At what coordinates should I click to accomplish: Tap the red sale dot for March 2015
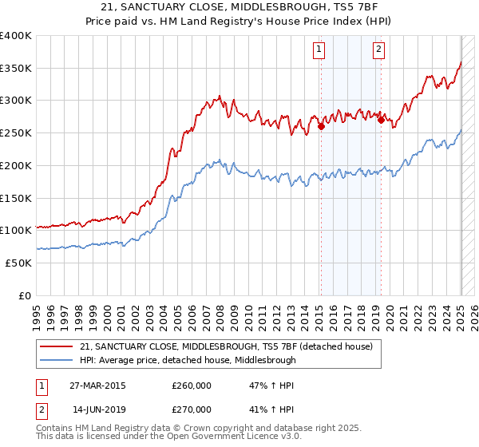pos(321,125)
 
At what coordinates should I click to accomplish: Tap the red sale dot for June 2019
pos(382,120)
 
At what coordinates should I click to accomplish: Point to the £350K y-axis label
pos(16,69)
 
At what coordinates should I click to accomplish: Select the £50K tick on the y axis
pos(19,263)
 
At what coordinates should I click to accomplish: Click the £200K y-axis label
pos(16,166)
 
